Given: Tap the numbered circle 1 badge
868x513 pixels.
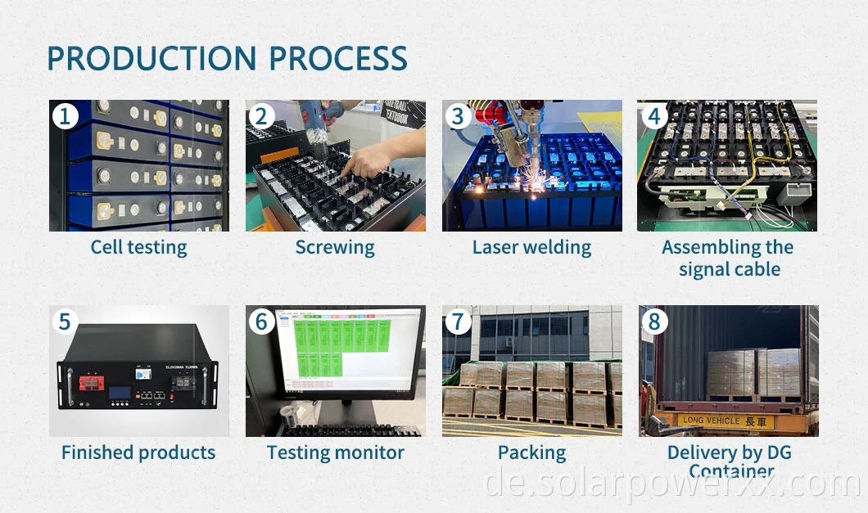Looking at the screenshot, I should pos(65,116).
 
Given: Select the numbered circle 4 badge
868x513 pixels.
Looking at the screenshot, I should pos(653,116).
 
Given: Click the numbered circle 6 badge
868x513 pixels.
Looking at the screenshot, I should pos(261,322).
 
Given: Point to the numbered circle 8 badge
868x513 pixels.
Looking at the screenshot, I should pos(653,322).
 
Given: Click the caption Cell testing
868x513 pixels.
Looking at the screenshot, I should pos(138,247).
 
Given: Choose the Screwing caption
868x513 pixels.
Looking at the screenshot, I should pos(335,247).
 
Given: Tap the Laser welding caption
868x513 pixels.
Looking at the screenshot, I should pos(531,247).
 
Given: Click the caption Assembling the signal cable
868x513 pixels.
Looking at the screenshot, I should pos(728,258).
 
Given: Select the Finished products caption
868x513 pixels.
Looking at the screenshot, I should pos(138,452).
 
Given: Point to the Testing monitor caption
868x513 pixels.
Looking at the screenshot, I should pos(335,452).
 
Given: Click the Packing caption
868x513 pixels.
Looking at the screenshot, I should pos(531,452).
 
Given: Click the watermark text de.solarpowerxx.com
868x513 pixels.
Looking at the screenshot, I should pos(671,484).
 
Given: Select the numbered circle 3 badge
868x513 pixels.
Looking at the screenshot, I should pos(458,116).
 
